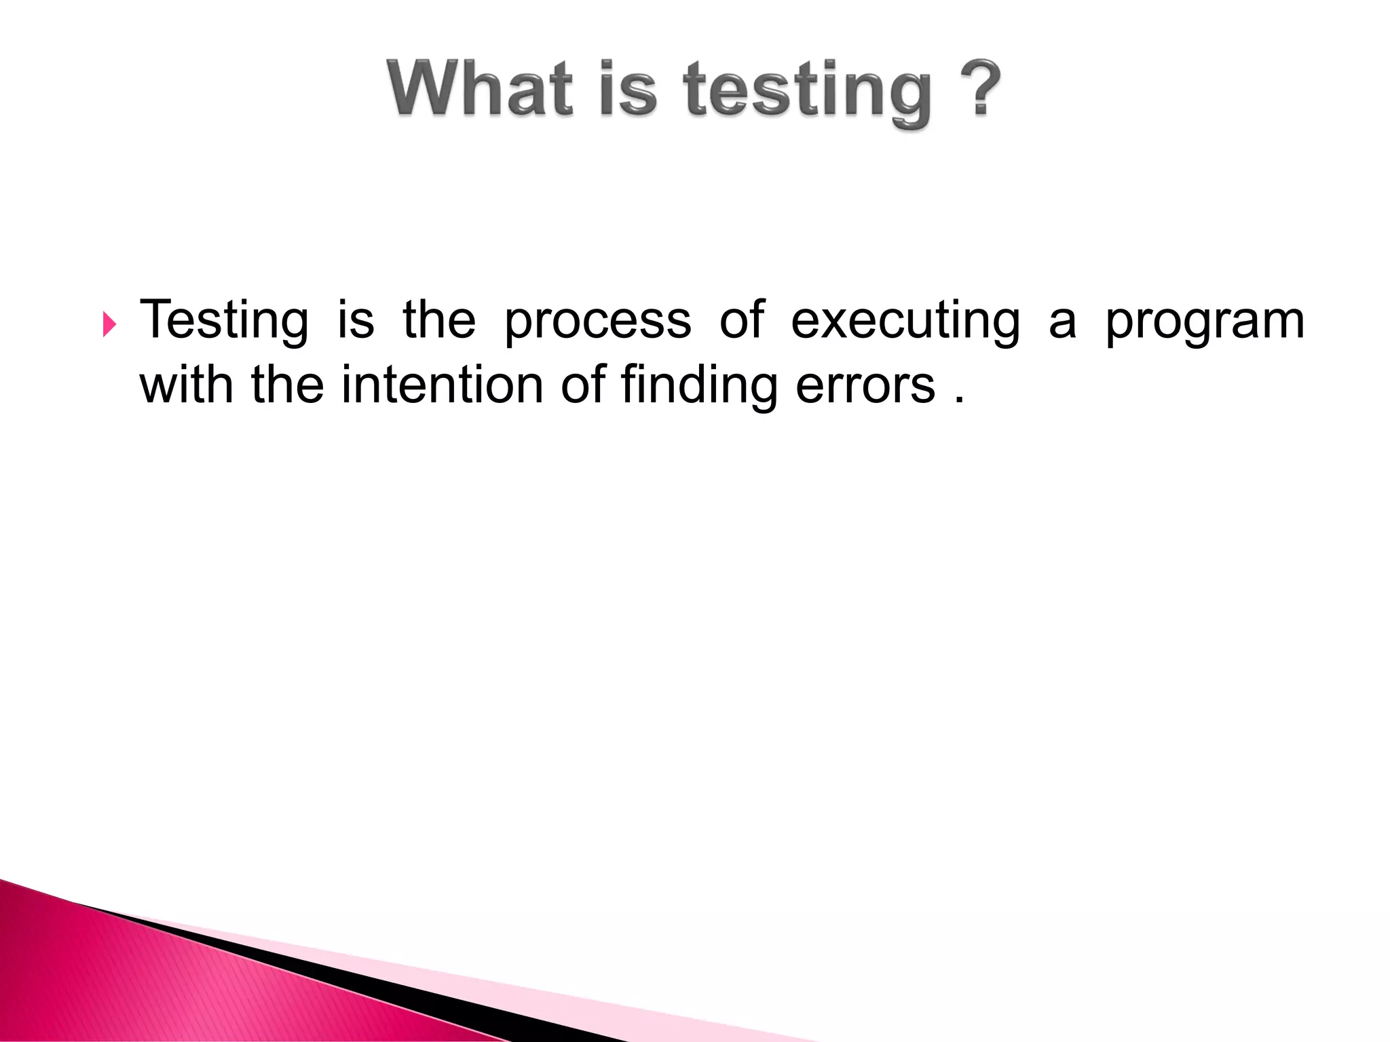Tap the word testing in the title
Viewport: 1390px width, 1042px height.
pos(808,92)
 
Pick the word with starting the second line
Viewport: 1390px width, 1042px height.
pos(186,385)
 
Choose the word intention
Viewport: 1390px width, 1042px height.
pos(442,385)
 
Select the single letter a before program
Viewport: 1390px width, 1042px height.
pos(1062,324)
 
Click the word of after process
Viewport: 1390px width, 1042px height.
pos(742,320)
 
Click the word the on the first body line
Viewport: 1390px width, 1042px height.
pos(439,320)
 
